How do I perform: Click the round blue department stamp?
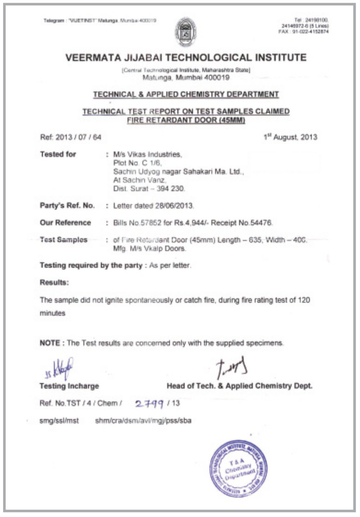(x=238, y=468)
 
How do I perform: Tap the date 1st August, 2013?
(x=290, y=137)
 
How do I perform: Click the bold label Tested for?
(x=58, y=154)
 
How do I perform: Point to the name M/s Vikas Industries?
(x=148, y=154)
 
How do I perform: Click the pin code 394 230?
(x=171, y=188)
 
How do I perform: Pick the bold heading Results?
(x=54, y=282)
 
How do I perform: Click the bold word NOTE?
(x=50, y=343)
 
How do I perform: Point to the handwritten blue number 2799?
(x=149, y=404)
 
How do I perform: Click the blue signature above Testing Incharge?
(x=61, y=369)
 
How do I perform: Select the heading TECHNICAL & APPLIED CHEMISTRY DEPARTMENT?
(x=186, y=94)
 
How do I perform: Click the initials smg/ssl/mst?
(x=59, y=420)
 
